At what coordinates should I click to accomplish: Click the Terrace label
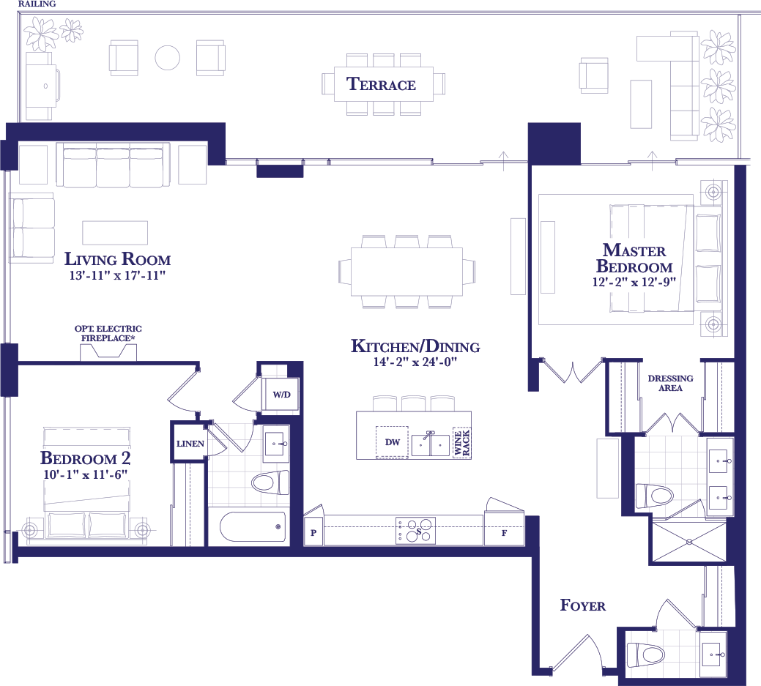click(381, 84)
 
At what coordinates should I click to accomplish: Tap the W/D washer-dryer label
click(281, 395)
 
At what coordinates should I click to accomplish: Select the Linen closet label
click(190, 444)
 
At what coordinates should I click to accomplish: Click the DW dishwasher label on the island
click(392, 442)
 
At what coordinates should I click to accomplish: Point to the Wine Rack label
click(461, 442)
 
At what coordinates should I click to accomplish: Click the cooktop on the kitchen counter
click(415, 531)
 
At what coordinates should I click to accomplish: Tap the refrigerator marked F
click(504, 533)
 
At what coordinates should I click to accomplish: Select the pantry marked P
click(313, 533)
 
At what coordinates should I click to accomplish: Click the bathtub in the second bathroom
click(253, 527)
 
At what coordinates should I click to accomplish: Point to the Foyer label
click(583, 605)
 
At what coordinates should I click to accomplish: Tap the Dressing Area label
click(670, 383)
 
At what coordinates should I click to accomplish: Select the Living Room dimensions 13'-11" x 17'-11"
click(117, 275)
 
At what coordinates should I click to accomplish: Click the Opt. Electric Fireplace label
click(108, 333)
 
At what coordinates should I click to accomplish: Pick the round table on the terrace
click(168, 58)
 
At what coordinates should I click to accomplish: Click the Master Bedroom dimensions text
click(634, 282)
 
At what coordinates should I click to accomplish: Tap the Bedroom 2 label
click(86, 458)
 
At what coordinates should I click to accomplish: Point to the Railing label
click(37, 4)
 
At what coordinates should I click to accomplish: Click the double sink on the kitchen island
click(431, 444)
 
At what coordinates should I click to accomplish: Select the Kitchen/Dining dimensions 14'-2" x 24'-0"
click(415, 362)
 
